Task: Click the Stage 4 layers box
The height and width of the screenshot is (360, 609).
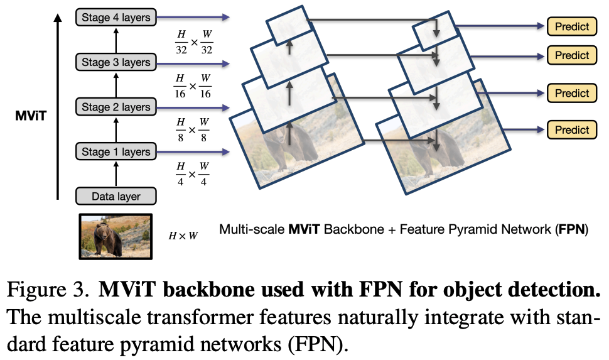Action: (116, 18)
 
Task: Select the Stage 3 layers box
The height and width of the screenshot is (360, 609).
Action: (116, 62)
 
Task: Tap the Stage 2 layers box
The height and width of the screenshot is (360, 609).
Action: (116, 107)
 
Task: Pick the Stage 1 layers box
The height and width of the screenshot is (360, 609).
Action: (116, 151)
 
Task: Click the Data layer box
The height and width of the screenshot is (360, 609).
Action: (116, 196)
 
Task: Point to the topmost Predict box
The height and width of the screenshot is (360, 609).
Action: (572, 26)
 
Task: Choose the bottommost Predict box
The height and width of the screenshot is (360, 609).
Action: (572, 130)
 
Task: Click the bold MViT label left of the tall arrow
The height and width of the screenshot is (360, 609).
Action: (31, 116)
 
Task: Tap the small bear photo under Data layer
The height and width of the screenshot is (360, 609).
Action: (116, 236)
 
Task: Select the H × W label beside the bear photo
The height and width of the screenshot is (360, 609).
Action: (183, 236)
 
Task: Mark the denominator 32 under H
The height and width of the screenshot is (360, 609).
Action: (181, 50)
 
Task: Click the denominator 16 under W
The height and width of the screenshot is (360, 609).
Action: (205, 94)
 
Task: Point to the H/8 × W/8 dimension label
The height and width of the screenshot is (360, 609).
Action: (192, 130)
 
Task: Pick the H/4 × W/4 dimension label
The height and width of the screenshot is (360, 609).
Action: (192, 174)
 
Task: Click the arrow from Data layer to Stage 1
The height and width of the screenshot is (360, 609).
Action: (116, 174)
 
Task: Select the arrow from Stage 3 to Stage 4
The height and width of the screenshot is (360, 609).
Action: (116, 40)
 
